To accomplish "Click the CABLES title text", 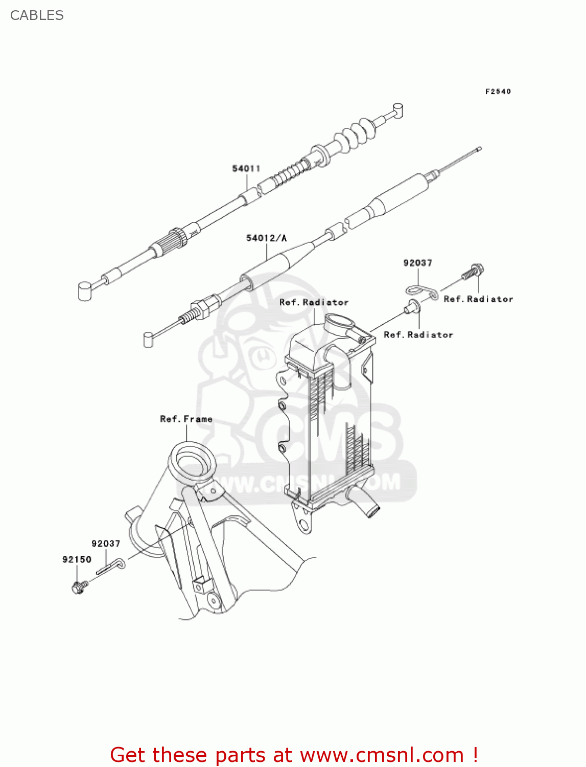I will [x=37, y=15].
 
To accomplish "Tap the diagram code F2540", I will [x=498, y=92].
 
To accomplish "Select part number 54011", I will [x=246, y=169].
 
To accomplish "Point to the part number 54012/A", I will [x=267, y=238].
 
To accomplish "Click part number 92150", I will [x=77, y=559].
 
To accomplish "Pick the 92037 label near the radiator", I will [x=417, y=263].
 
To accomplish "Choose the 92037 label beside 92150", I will [x=106, y=544].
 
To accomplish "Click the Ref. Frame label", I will [x=186, y=419].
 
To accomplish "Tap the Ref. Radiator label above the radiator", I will [x=314, y=303].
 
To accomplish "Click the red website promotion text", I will [x=294, y=755].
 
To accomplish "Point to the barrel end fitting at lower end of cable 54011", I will [x=85, y=290].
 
